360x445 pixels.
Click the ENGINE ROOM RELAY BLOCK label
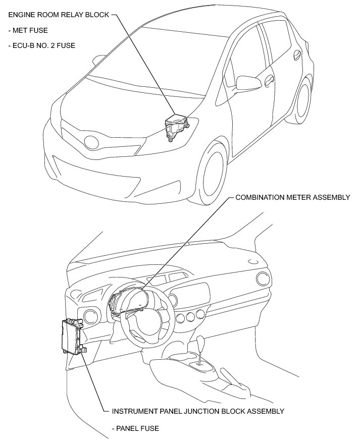[x=55, y=15]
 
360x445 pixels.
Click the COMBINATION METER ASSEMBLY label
[x=292, y=197]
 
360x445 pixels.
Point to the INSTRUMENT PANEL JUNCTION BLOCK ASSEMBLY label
[x=196, y=411]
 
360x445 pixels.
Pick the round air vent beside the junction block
[x=92, y=317]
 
